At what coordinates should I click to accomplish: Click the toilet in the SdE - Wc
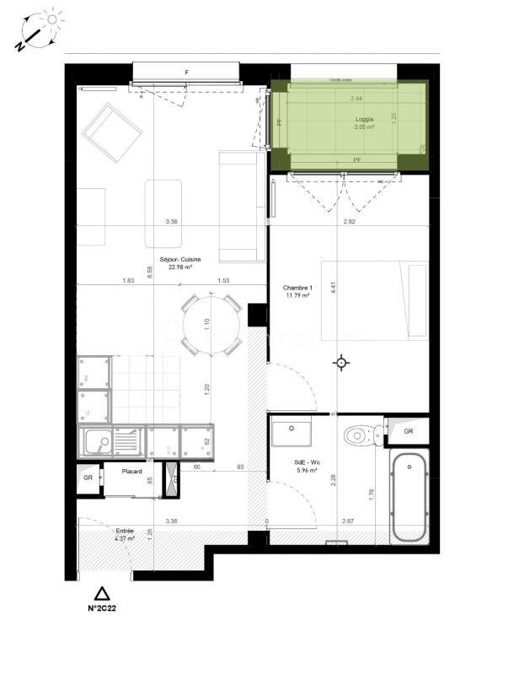[360, 435]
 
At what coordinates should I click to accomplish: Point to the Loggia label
[365, 120]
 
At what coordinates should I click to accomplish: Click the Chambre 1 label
[297, 288]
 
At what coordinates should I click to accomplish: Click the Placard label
[131, 472]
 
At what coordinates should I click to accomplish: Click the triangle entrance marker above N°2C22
[102, 593]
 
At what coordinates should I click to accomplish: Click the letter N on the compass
[19, 47]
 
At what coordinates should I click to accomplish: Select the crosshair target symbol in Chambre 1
[341, 363]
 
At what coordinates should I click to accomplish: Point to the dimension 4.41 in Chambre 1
[334, 287]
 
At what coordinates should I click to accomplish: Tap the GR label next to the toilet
[409, 432]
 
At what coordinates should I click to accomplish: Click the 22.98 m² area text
[179, 267]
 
